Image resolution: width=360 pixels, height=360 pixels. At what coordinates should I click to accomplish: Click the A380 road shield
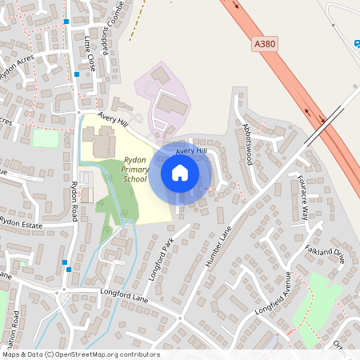point(267,46)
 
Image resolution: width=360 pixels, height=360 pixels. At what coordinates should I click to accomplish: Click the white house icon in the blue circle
point(180,173)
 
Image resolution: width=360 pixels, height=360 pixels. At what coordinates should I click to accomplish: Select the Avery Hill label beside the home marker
point(191,150)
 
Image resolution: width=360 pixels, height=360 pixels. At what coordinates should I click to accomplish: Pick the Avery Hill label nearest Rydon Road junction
point(113,118)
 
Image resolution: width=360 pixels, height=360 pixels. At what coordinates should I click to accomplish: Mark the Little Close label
point(89,54)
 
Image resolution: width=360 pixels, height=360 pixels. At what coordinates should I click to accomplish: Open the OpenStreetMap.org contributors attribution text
point(81,354)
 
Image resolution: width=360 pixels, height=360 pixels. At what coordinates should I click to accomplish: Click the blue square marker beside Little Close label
point(77,74)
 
